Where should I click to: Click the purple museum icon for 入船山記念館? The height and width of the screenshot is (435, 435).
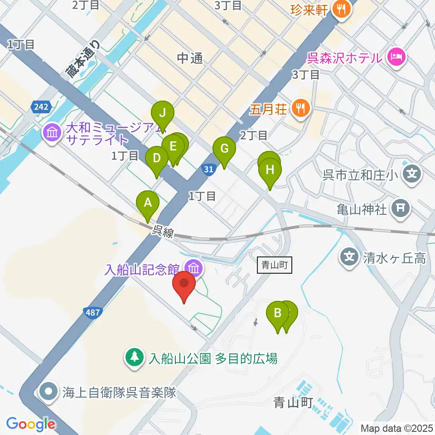click(x=193, y=269)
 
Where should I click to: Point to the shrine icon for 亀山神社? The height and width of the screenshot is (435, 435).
click(x=400, y=208)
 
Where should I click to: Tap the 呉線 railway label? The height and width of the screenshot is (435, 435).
click(x=163, y=232)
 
